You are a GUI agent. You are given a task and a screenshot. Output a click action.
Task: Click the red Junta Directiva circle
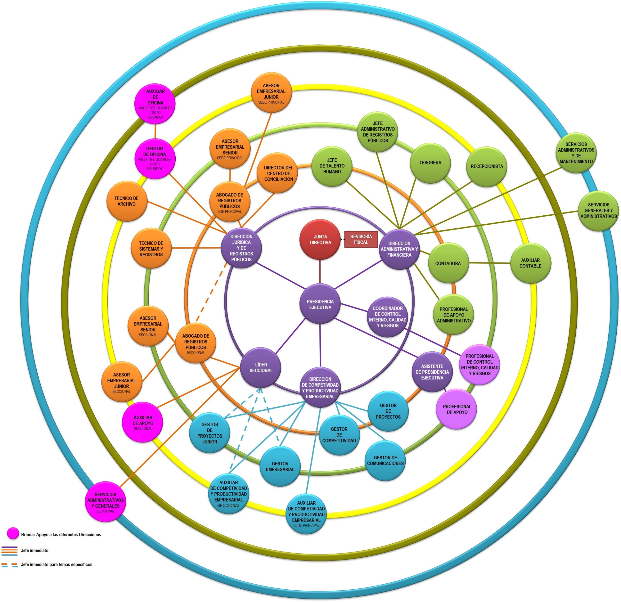click(320, 240)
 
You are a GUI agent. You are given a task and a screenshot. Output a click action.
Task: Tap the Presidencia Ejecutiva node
click(320, 304)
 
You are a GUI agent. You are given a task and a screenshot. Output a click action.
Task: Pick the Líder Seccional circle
click(261, 367)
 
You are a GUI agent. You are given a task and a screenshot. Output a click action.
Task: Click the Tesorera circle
click(430, 163)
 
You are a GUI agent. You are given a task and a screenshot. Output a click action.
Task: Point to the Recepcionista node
click(486, 166)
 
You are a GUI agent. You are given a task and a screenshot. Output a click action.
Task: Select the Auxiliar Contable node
click(530, 263)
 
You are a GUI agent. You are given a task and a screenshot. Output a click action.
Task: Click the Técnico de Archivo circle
click(126, 201)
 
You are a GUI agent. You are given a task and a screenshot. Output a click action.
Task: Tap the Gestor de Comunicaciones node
click(385, 460)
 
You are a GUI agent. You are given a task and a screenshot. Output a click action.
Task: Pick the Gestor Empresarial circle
click(280, 466)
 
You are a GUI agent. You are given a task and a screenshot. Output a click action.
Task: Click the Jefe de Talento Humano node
click(332, 166)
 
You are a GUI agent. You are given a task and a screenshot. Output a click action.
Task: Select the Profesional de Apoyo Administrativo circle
click(453, 315)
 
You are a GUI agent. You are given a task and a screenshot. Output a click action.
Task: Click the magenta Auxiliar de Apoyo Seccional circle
click(143, 422)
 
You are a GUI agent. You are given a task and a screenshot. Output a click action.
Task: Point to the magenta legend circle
click(13, 533)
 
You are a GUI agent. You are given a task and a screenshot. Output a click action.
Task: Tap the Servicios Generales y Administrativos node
click(598, 211)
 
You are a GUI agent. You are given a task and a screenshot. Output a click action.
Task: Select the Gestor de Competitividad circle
click(339, 435)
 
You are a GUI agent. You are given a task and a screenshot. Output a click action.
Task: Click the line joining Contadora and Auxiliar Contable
click(490, 263)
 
